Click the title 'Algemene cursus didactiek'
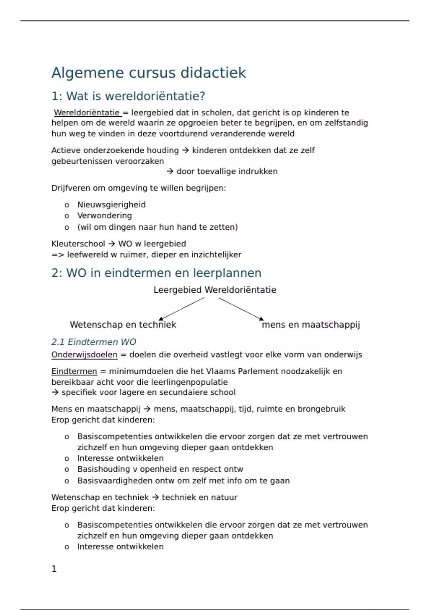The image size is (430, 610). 149,73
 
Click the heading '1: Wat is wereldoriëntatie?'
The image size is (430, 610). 128,96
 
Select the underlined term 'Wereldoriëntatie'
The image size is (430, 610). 87,113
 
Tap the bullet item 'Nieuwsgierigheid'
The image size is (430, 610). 111,205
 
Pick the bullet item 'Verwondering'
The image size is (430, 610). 105,216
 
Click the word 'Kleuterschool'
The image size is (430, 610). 78,244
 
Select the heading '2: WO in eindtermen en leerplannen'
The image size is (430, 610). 156,273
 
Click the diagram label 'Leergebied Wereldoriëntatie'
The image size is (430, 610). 215,290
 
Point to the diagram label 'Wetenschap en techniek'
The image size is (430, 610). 123,325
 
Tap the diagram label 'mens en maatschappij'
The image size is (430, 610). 311,325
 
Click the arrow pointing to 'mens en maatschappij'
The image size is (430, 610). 241,309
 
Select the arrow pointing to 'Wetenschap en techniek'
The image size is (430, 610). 181,309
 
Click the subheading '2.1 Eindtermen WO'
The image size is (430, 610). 94,342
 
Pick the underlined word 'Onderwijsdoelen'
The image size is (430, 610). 84,355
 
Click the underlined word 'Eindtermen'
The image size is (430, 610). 74,371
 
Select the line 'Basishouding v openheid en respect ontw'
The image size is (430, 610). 160,469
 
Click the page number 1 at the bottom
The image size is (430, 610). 54,569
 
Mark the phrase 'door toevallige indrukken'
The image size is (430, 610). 227,172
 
